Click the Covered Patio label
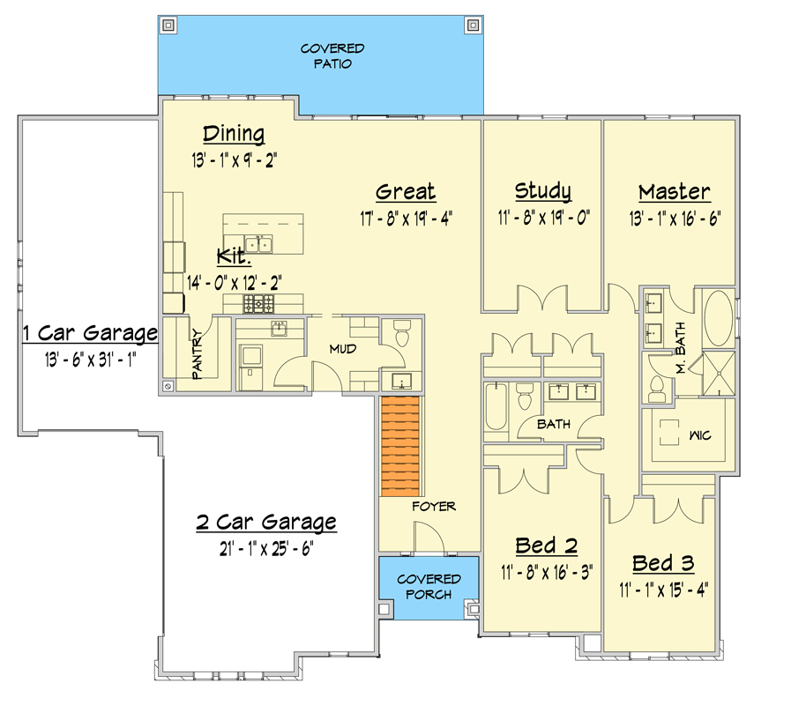coord(332,56)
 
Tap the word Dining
coord(234,134)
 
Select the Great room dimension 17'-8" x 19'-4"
coord(407,219)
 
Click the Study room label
coord(543,191)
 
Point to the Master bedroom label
coord(675,192)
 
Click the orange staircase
coord(400,446)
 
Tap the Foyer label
coord(434,507)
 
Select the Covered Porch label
coord(429,587)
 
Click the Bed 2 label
coord(547,545)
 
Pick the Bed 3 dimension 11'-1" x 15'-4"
coord(664,590)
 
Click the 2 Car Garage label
coord(266,523)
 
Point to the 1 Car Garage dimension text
coord(91,360)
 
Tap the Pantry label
coord(197,354)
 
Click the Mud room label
coord(343,349)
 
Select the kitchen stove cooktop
coord(258,304)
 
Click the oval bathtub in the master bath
coord(719,318)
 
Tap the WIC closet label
coord(700,435)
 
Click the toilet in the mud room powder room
coord(402,336)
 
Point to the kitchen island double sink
coord(258,244)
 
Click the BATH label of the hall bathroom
coord(554,424)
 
